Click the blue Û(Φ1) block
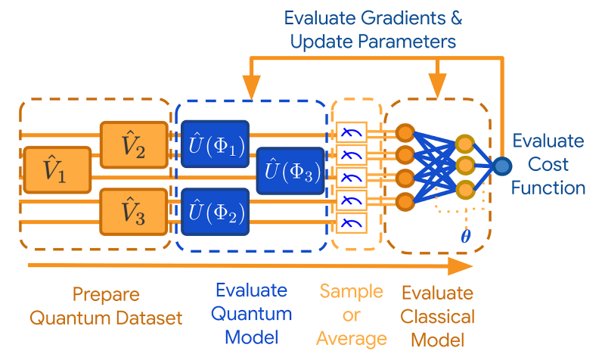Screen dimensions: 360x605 (x=216, y=143)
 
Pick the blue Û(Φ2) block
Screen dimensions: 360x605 (x=216, y=211)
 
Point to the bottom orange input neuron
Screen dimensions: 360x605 (x=405, y=200)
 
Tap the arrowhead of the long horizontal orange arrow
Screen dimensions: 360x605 (x=459, y=266)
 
